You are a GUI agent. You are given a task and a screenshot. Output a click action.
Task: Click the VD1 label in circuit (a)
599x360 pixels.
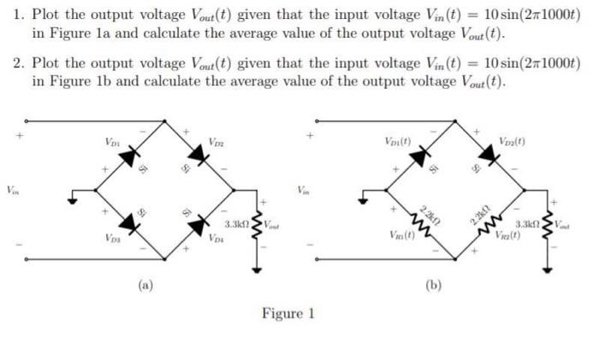112,141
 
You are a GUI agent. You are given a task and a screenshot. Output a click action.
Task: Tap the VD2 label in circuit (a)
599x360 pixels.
216,141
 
